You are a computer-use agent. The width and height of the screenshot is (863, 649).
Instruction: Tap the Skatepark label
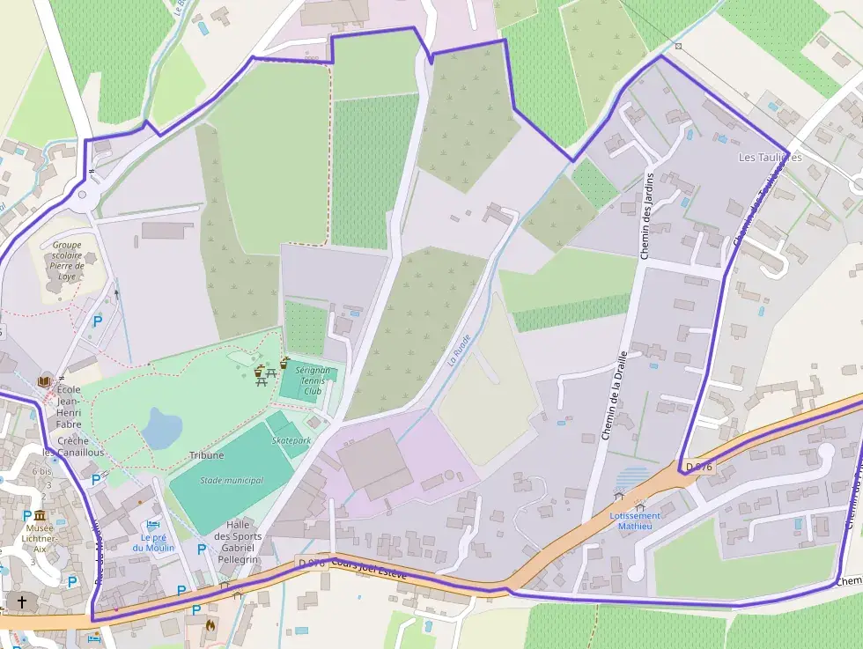coord(291,439)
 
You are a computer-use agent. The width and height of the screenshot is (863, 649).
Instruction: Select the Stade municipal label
coord(232,480)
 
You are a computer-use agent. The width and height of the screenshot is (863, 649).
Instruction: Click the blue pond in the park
coord(162,428)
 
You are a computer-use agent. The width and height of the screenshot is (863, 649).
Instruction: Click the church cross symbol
coord(22,602)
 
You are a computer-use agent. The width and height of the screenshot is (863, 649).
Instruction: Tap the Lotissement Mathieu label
coord(635,520)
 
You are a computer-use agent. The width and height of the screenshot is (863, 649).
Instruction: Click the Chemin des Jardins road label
coord(648,217)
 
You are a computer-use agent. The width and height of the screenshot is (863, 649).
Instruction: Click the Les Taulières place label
coord(770,158)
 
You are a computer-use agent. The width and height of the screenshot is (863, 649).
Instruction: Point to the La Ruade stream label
coord(459,349)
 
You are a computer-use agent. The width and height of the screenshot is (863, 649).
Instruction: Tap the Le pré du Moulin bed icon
coord(153,527)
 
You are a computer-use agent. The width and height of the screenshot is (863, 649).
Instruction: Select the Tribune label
coord(206,455)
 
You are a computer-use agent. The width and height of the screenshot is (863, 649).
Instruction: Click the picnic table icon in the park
coord(259,375)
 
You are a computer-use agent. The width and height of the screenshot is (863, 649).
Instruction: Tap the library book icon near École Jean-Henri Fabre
coord(45,380)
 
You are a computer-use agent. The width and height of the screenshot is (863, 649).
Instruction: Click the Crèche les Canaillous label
coord(75,446)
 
